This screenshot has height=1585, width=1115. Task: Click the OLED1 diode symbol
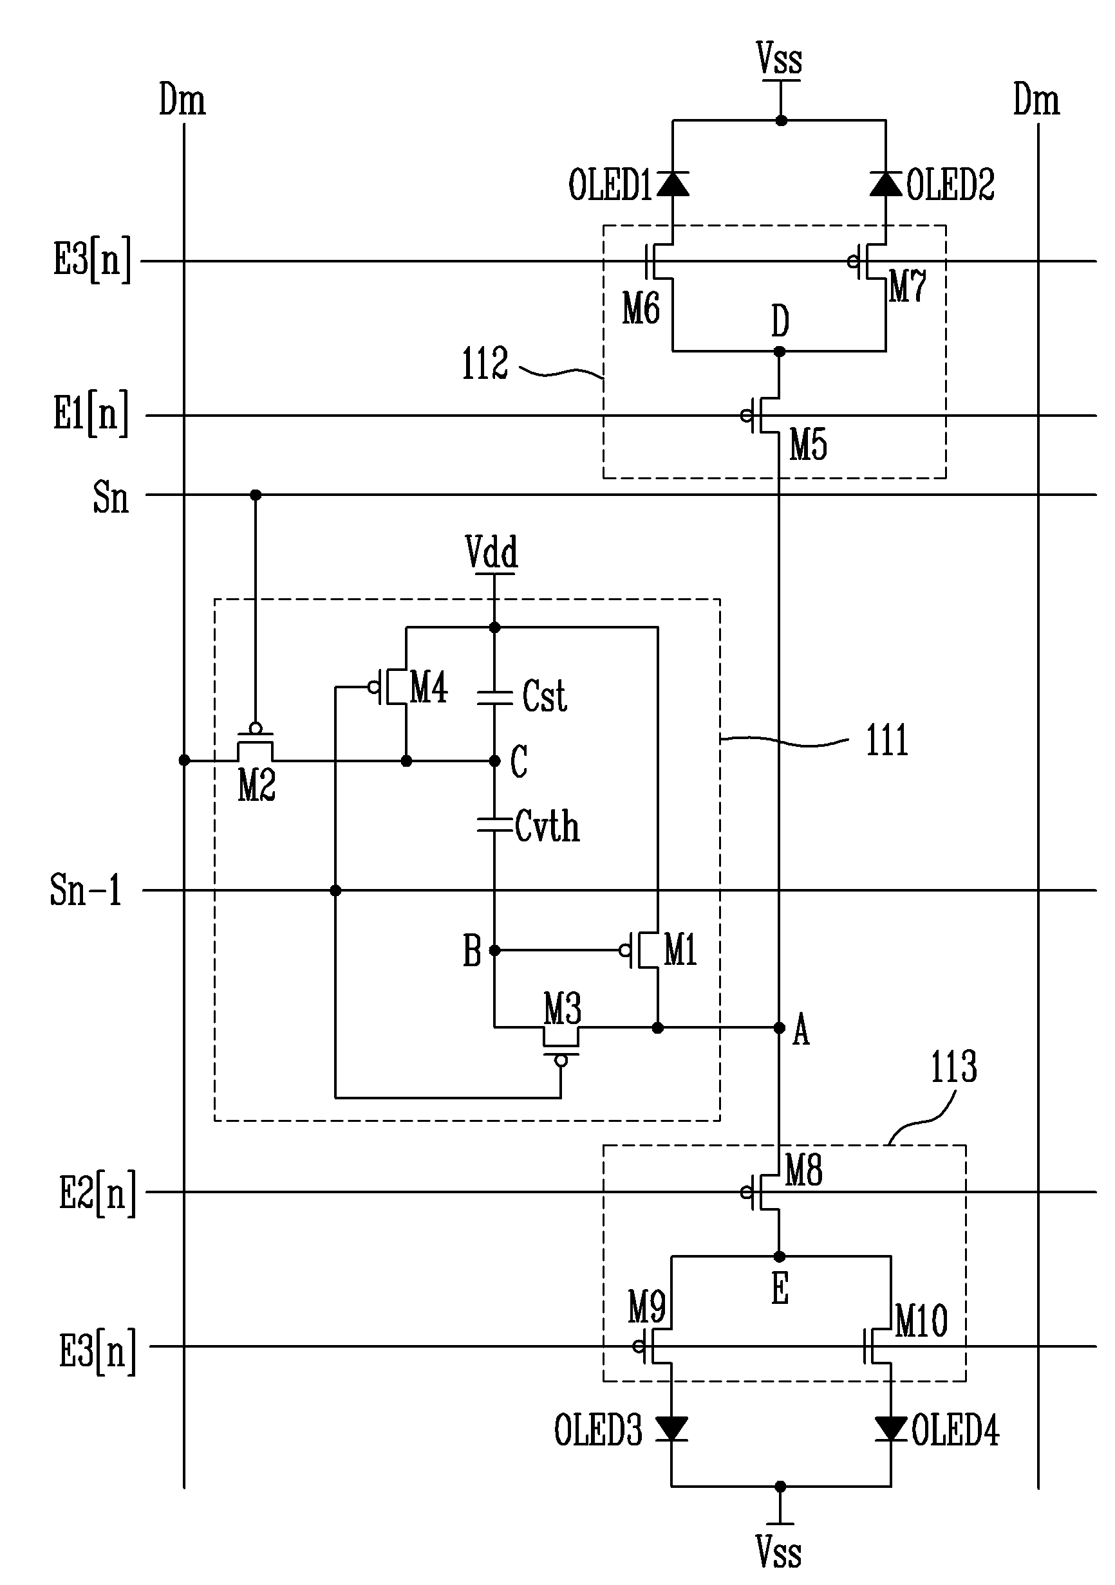673,183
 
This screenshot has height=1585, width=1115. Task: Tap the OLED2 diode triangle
886,183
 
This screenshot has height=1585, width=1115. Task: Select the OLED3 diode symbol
671,1428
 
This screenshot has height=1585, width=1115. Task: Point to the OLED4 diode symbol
890,1428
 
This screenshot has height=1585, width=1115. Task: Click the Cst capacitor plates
494,697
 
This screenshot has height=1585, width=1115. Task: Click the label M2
257,786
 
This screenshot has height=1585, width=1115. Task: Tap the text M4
429,688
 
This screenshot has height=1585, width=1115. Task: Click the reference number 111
887,741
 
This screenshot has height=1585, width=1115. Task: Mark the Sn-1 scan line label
86,890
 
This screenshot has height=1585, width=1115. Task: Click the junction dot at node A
779,1029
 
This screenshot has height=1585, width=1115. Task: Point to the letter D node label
781,321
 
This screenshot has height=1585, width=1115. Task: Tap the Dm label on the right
1036,100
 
